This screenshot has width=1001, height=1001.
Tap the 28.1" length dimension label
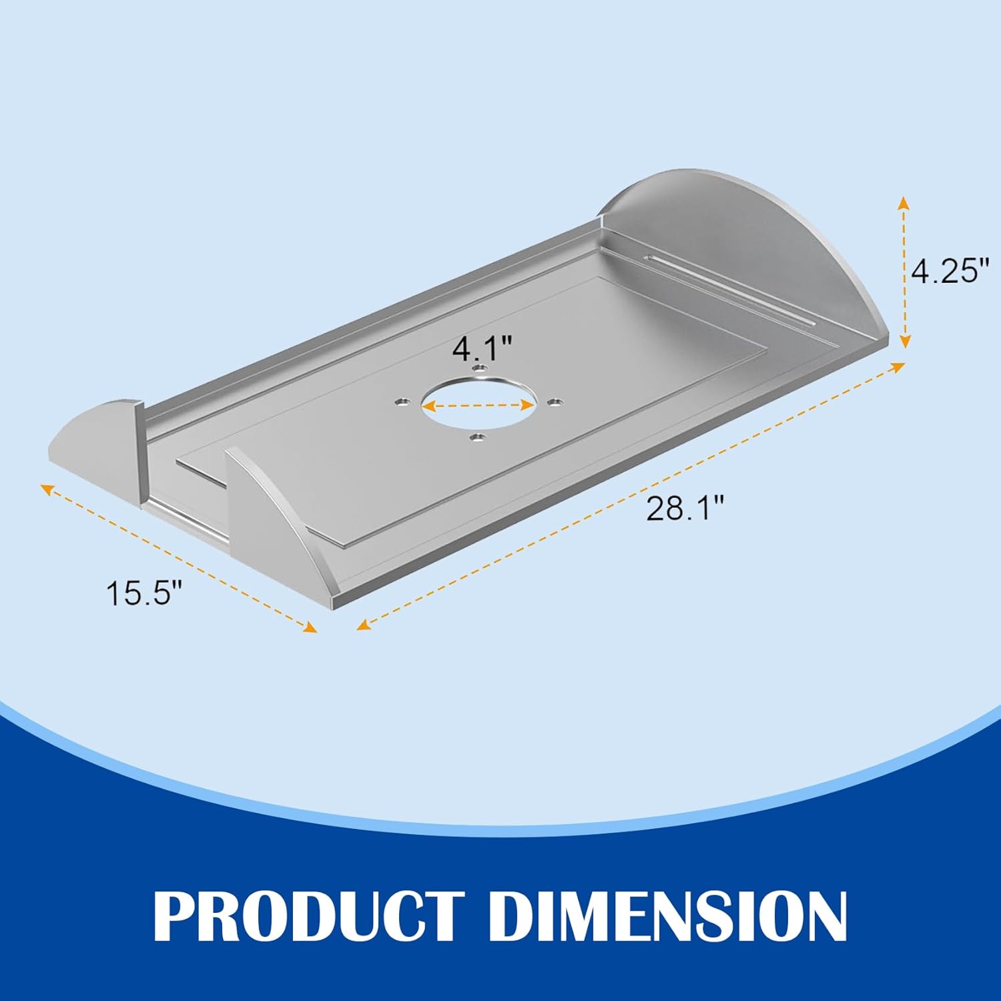685,510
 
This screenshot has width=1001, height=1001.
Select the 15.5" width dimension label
144,593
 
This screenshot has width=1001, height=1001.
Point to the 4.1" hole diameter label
482,348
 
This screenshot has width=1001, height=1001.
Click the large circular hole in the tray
478,404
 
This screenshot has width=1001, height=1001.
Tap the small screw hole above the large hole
478,368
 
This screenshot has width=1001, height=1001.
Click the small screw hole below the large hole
476,438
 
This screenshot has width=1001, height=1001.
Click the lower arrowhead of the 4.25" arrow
904,342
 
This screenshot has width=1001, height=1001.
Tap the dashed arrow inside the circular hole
478,405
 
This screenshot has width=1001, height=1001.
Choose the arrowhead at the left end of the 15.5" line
47,488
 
